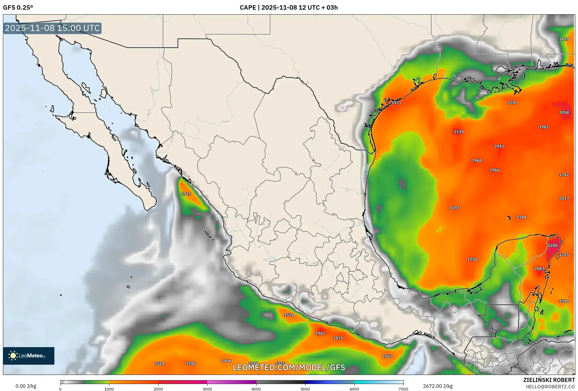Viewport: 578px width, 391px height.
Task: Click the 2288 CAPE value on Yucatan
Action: click(x=552, y=245)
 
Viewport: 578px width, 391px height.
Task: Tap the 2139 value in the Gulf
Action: click(x=458, y=132)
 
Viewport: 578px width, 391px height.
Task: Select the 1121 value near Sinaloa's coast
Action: click(x=186, y=194)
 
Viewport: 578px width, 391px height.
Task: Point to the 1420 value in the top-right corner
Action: click(x=564, y=39)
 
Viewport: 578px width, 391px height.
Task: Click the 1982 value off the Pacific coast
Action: click(x=320, y=333)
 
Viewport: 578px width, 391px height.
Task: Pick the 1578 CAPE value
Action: click(x=289, y=315)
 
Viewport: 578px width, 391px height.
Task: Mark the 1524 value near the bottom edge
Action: click(x=159, y=364)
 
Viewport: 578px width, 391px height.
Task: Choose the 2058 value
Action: click(x=564, y=113)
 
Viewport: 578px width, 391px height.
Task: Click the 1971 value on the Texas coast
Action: click(x=396, y=103)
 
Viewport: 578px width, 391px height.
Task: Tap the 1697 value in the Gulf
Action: click(x=454, y=208)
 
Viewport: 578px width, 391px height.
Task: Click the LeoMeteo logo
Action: click(x=29, y=356)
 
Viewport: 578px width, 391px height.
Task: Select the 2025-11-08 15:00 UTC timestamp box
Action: click(x=52, y=28)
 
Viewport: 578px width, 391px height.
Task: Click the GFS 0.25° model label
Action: click(x=18, y=8)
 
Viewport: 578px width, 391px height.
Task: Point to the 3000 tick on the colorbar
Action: click(x=207, y=389)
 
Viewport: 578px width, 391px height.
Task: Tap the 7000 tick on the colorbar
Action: click(x=403, y=389)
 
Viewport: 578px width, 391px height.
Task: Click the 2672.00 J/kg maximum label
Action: click(x=438, y=386)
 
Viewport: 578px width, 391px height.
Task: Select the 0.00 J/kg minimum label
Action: click(x=26, y=386)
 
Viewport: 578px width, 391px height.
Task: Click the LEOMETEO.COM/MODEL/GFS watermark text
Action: click(x=289, y=367)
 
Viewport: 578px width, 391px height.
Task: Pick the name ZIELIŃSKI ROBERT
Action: click(x=549, y=380)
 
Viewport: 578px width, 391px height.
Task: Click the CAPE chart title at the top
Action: click(x=289, y=8)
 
